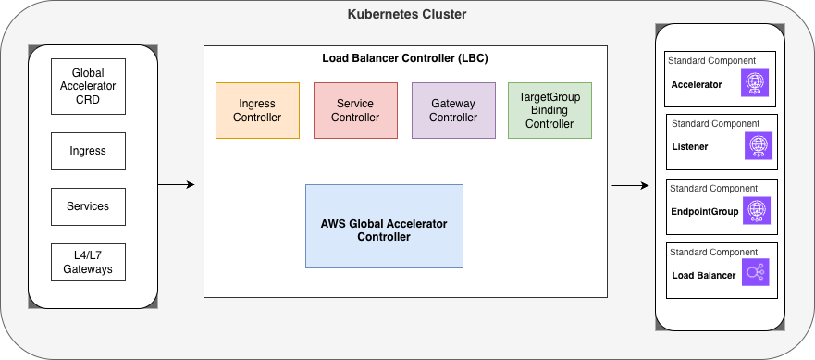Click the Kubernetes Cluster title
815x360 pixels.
point(407,15)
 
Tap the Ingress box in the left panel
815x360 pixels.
point(88,150)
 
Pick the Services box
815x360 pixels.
point(88,205)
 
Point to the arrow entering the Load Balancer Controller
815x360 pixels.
point(177,185)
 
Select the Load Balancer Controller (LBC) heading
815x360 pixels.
point(404,58)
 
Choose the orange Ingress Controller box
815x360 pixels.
point(257,110)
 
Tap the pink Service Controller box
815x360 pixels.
point(355,110)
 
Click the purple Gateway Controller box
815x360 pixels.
point(453,110)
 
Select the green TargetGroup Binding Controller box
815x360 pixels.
point(550,110)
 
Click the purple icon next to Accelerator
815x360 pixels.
point(756,83)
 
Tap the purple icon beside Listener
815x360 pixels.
point(759,146)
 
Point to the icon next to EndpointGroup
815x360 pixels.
point(756,211)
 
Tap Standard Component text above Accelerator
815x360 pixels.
point(703,60)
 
